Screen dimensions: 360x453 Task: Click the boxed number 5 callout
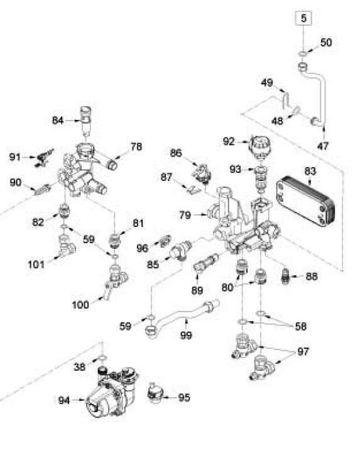coord(303,18)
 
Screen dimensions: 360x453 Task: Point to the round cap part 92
coord(260,147)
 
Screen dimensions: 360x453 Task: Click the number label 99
coord(186,336)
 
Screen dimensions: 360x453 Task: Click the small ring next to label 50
coord(302,53)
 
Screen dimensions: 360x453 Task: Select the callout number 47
coord(323,146)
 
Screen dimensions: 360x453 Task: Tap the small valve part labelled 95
coord(155,390)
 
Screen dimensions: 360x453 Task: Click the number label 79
coord(185,215)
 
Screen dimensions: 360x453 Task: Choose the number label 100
coord(80,305)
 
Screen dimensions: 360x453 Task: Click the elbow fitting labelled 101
coord(66,246)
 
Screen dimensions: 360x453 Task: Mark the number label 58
coord(301,327)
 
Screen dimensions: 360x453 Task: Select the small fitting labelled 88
coord(285,276)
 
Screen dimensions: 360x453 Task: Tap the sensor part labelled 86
coord(202,173)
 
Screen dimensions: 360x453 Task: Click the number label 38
coord(79,367)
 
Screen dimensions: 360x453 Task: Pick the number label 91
coord(15,157)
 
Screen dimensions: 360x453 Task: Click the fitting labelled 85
coord(181,251)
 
